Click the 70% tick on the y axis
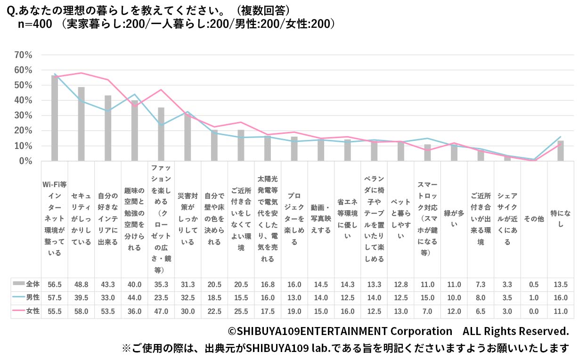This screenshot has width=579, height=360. (24, 55)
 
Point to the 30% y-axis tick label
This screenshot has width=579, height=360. (24, 116)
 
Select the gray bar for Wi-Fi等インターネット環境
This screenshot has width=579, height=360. (55, 118)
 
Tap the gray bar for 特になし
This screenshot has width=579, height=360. (561, 151)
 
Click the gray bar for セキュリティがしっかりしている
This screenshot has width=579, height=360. (82, 124)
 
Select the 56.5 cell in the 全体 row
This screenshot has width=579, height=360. (55, 285)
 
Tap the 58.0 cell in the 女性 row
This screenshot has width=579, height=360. (82, 311)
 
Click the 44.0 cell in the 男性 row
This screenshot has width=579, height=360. (135, 298)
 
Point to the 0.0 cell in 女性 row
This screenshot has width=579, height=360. (534, 311)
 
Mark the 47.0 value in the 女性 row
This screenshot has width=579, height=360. (161, 311)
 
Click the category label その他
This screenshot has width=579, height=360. (534, 219)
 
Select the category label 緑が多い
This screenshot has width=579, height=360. (454, 219)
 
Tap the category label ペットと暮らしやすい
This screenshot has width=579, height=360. (401, 219)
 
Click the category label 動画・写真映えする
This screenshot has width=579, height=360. (321, 219)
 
